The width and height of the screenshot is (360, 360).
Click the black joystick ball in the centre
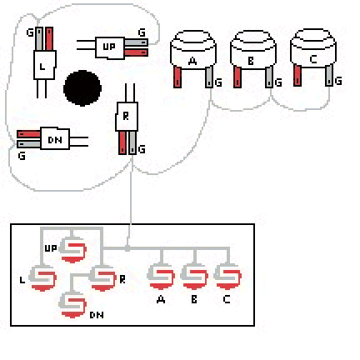[82, 88]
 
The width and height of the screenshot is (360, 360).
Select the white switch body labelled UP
[110, 47]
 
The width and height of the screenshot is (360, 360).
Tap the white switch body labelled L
[45, 65]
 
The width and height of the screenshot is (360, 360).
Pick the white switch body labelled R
[127, 117]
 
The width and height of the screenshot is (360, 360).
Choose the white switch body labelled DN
[55, 138]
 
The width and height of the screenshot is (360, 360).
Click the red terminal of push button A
[177, 77]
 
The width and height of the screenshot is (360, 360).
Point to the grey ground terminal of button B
[268, 77]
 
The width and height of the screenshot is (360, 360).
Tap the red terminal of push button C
[297, 75]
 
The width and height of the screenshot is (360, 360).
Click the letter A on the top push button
[192, 61]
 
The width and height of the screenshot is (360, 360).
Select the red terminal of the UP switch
[136, 52]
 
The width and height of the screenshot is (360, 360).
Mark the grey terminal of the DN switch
[28, 144]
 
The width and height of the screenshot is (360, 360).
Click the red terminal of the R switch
[122, 142]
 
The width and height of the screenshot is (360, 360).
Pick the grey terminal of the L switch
[39, 38]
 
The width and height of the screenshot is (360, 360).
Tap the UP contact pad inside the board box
[72, 250]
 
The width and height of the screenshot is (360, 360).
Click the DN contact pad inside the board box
[72, 305]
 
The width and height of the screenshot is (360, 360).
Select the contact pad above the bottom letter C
[227, 277]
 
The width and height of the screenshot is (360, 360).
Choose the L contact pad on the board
[42, 277]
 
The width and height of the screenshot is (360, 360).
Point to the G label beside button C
[338, 81]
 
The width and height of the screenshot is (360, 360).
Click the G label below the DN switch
[22, 156]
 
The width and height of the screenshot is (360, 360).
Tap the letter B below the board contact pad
[194, 299]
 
